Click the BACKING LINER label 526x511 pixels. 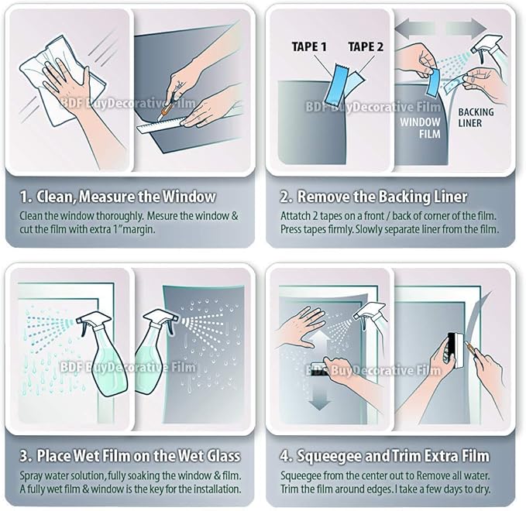click(476, 118)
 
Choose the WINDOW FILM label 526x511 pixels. click(420, 128)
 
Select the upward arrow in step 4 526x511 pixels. click(320, 341)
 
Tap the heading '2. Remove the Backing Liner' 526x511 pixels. click(382, 196)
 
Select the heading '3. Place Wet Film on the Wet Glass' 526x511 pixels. click(130, 454)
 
